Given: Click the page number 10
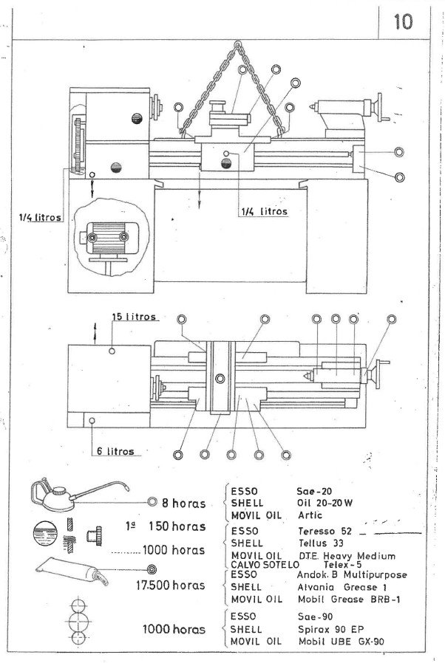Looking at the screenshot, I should click(404, 20).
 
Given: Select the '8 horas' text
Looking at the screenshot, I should click(183, 504).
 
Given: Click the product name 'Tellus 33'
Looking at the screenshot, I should click(319, 543).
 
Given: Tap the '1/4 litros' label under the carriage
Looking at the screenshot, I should click(264, 210).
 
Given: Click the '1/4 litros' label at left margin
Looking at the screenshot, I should click(41, 217).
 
